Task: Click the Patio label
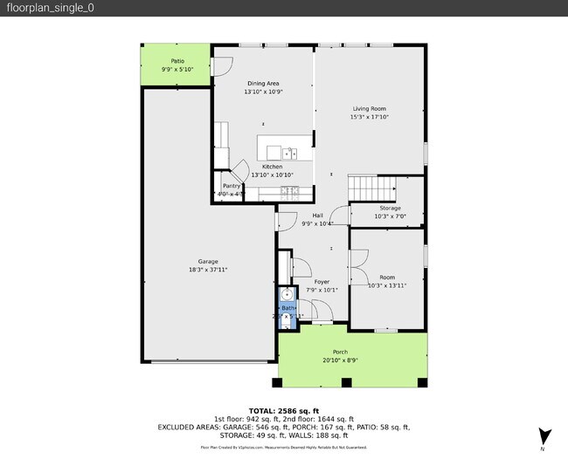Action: [177, 61]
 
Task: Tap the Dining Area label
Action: [263, 83]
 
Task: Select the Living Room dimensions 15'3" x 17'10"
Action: [370, 116]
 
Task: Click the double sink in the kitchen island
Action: [291, 154]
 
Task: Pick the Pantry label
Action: [232, 186]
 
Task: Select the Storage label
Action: [390, 208]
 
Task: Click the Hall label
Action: [317, 216]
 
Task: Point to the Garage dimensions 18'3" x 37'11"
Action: [208, 270]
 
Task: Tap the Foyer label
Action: [322, 282]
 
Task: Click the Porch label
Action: [340, 352]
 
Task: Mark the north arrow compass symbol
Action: [545, 435]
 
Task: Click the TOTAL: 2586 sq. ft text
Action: [283, 409]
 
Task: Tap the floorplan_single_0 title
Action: [41, 8]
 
